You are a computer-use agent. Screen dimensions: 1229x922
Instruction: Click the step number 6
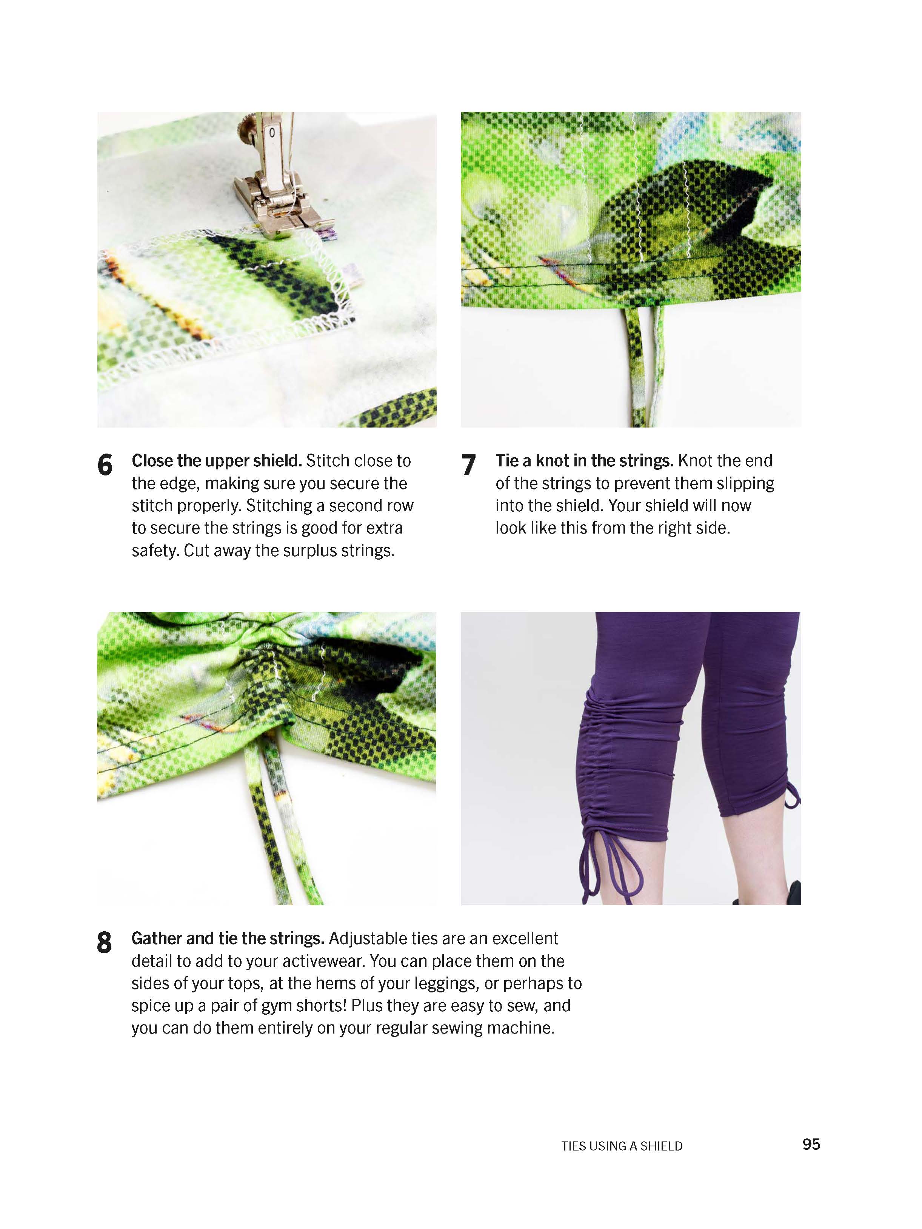point(105,465)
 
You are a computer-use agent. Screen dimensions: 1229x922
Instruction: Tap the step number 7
point(468,465)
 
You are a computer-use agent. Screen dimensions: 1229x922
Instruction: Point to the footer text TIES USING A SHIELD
point(621,1146)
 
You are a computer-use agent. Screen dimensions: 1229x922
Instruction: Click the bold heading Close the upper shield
point(216,461)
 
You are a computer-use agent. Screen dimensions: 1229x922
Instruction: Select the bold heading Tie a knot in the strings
point(584,461)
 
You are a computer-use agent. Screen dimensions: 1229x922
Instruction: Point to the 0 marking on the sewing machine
point(272,133)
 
